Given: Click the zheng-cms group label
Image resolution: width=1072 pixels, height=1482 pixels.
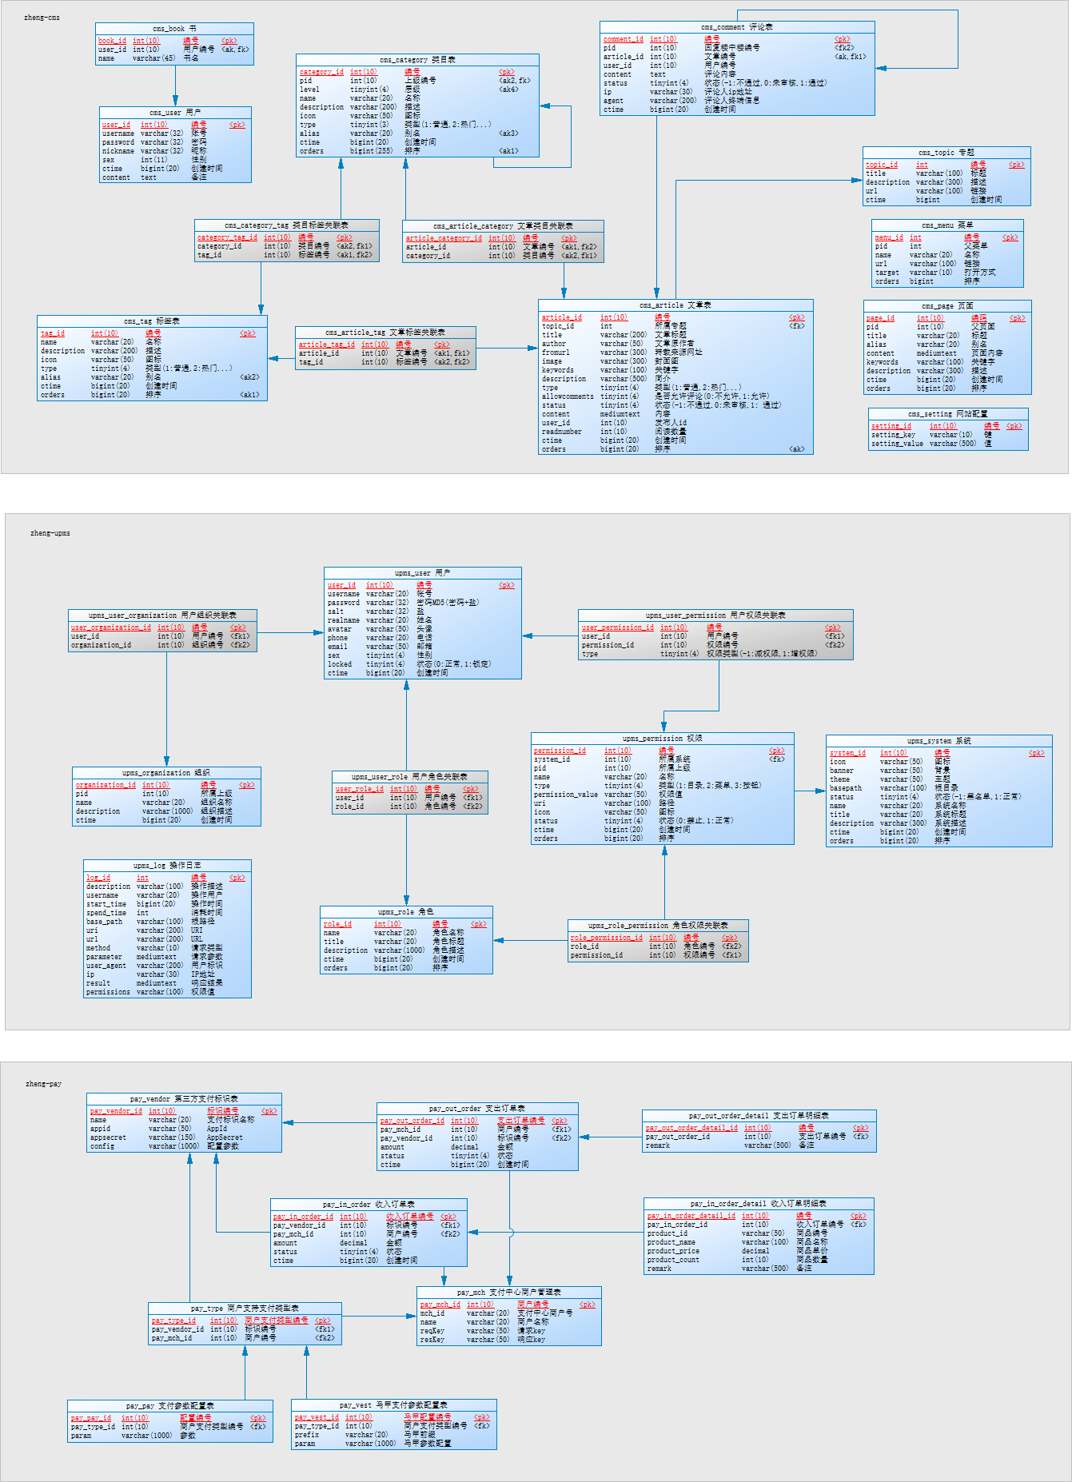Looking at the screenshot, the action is pos(42,18).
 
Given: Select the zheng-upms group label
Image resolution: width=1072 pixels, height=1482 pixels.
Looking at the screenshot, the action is pos(50,533).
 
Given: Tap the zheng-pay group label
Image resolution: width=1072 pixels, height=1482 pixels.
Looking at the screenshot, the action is pos(43,1084).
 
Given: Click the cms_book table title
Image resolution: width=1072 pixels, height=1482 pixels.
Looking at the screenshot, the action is pos(174,29).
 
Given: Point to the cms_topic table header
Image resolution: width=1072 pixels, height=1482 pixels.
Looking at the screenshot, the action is pos(946,153).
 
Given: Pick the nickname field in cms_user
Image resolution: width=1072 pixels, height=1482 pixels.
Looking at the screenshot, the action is pos(118,151).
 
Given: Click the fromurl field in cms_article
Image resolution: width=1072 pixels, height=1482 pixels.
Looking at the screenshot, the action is pos(556,353).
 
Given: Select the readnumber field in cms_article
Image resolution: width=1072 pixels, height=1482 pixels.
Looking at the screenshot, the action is pos(561,432).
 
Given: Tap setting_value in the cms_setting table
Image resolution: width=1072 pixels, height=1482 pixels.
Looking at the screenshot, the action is pos(896,444).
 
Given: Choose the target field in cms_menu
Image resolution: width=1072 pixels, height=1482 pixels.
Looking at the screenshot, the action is pos(887,273).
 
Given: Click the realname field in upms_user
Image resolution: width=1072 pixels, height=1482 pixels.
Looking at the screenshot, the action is pos(343,620).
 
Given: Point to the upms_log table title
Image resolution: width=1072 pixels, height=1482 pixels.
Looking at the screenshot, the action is pos(167,866).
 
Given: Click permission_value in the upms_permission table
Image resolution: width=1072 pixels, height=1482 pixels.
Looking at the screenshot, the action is pos(565,795).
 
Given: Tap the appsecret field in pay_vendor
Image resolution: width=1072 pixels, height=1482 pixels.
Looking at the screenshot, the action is pos(108,1137).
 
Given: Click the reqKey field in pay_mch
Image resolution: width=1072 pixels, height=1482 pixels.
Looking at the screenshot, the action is pos(432,1331).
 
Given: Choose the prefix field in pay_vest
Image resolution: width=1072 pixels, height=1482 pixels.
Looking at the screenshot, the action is pos(306,1435).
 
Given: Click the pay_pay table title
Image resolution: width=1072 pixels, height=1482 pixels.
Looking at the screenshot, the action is pos(169,1405).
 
